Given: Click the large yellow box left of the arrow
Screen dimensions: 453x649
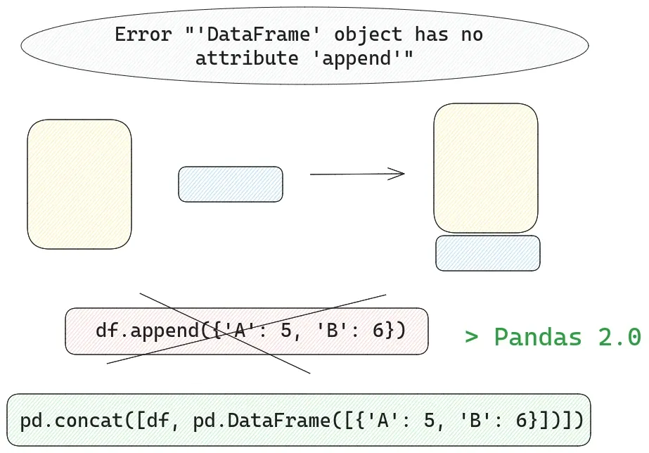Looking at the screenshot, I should (x=79, y=184).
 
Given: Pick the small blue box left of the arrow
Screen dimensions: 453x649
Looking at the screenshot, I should (x=231, y=184).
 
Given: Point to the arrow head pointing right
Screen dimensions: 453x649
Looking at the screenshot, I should (x=401, y=174).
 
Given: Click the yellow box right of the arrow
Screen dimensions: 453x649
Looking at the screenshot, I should (x=486, y=168).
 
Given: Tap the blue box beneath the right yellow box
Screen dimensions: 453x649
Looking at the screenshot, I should (x=488, y=253).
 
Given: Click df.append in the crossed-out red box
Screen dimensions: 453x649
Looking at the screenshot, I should (x=147, y=330).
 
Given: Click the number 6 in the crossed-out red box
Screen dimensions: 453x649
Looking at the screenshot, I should (x=378, y=330).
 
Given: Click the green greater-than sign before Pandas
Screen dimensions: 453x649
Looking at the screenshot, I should (x=472, y=337).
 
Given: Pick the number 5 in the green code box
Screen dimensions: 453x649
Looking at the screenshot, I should (x=440, y=421).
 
